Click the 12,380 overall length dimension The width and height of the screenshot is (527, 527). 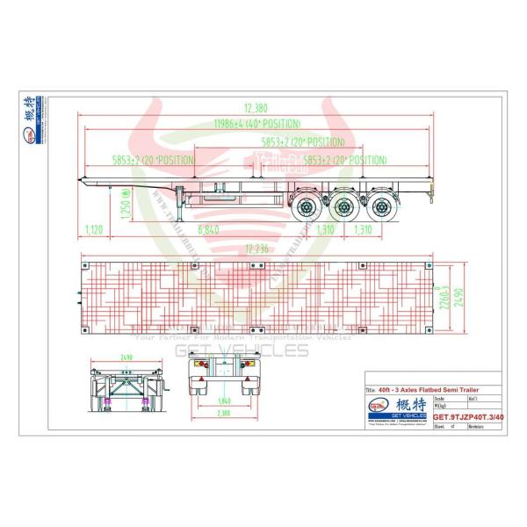coord(256,108)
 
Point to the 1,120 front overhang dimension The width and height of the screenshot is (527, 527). coord(96,229)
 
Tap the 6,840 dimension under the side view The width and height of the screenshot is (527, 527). coord(209,229)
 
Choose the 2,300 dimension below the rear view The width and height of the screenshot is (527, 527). coord(224,412)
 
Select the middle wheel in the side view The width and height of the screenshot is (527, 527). coord(345,207)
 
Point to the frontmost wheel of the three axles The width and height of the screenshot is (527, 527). coord(309,207)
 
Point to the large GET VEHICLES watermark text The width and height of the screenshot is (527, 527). coord(242,351)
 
